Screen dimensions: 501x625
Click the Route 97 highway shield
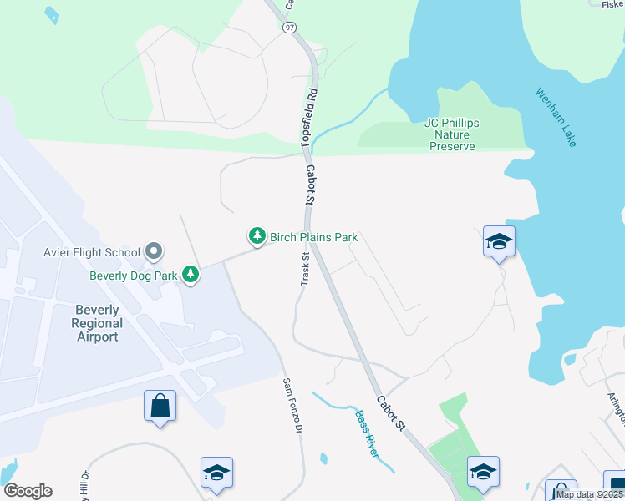289,28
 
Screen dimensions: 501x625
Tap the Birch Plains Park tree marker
257,237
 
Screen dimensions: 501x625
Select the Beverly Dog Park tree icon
191,274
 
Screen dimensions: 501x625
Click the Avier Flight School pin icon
153,250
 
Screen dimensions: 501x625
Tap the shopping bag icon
160,407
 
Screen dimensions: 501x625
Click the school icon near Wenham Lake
499,242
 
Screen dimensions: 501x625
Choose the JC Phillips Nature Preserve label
452,134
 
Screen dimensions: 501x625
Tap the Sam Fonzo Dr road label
292,406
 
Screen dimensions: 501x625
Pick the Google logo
28,491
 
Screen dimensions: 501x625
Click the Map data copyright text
590,494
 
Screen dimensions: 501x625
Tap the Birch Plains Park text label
313,237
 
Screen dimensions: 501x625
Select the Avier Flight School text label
92,251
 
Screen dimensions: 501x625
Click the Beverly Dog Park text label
135,275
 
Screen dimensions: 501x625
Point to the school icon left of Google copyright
483,473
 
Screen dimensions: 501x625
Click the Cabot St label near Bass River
389,413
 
